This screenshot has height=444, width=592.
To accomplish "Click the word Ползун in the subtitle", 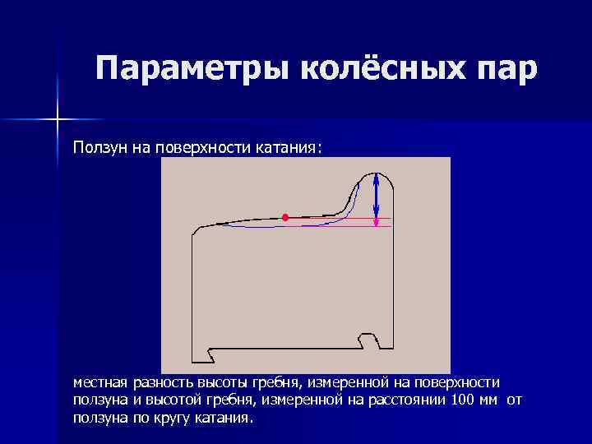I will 99,147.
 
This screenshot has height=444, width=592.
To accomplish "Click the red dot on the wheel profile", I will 285,217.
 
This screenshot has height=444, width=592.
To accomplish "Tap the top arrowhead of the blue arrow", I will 377,176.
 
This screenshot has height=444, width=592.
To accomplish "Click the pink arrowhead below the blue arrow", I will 377,222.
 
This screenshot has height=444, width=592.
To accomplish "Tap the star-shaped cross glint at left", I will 58,120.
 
